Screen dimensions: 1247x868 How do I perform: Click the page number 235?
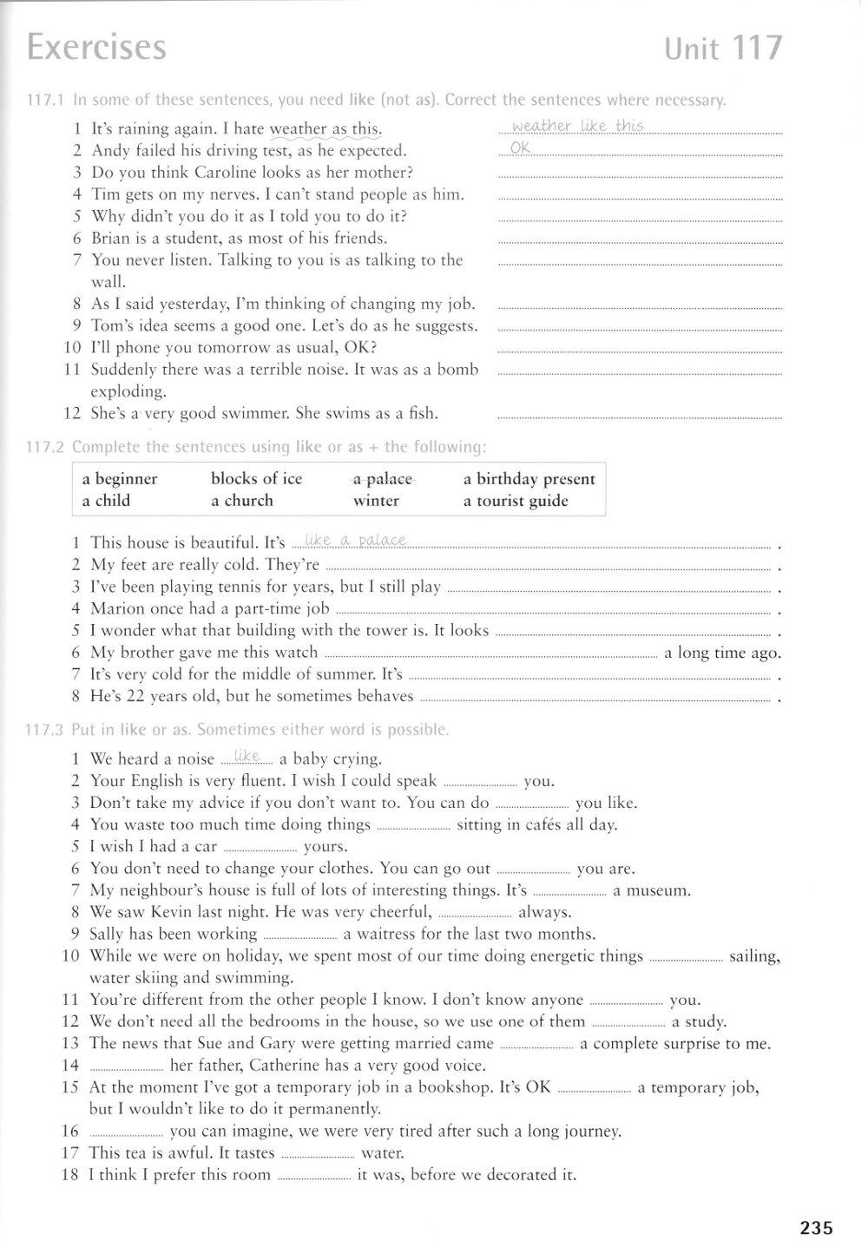(x=816, y=1227)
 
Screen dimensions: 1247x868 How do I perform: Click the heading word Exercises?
(x=96, y=47)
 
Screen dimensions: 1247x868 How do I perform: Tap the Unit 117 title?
(x=722, y=49)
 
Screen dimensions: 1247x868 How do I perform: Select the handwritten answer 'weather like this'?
(x=578, y=126)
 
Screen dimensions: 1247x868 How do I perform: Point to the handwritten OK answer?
(x=520, y=148)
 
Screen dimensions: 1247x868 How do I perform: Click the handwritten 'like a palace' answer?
(x=351, y=541)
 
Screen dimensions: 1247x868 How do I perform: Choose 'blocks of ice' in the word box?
(x=256, y=479)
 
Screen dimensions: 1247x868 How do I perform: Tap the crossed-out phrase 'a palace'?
(x=382, y=479)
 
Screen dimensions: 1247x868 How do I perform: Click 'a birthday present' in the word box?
(x=529, y=479)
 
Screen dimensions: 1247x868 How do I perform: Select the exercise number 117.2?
(x=46, y=447)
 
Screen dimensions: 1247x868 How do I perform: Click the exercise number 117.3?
(x=46, y=730)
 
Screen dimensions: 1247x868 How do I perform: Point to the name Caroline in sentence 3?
(x=234, y=172)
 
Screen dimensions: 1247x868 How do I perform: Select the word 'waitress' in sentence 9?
(x=385, y=935)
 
